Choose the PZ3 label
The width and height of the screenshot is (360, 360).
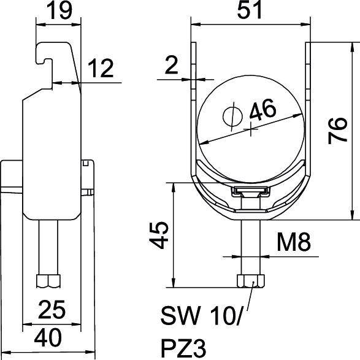pos(182,347)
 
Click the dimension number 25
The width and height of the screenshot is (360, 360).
pos(51,309)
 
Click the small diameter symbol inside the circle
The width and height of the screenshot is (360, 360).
pos(231,115)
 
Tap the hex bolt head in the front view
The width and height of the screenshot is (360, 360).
pos(250,280)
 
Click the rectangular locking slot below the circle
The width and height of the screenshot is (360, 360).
pos(250,192)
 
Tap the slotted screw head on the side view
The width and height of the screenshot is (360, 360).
pos(86,165)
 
